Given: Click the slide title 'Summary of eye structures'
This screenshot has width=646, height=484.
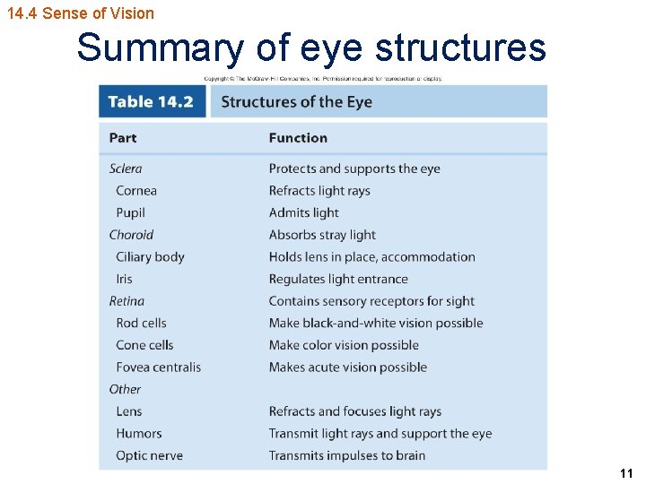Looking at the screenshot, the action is [311, 48].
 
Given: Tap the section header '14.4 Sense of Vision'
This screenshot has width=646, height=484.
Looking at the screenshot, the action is [80, 13].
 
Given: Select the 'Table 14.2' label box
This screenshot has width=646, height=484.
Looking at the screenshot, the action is [151, 101].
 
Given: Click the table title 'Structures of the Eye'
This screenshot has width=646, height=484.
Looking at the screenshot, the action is [296, 101].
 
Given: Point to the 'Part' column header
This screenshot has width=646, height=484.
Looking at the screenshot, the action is [123, 138].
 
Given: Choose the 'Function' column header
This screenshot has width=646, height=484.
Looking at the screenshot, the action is [298, 138].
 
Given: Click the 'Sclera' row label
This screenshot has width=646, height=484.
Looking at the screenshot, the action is [126, 169].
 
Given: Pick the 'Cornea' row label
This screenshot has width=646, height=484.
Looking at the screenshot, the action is [136, 191].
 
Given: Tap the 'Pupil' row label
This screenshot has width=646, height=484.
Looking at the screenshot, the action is [130, 212].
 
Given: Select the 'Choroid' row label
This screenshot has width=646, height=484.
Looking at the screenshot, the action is [131, 235].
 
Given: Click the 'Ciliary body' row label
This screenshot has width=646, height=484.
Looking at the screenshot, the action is [150, 257].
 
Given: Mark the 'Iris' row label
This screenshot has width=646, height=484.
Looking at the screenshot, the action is [124, 279].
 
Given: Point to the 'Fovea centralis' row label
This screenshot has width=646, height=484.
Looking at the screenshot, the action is [158, 367].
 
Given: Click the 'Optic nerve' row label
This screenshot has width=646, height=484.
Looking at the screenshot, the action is [149, 455].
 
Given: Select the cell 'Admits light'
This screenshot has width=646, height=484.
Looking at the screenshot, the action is [304, 212].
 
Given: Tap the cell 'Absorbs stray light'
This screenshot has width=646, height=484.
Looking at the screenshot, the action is [322, 235].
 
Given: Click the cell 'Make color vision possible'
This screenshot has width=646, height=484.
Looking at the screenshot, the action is [344, 345].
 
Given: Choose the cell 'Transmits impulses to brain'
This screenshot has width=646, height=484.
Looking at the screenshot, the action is [347, 455].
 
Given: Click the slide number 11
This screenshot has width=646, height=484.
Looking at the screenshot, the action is [626, 473].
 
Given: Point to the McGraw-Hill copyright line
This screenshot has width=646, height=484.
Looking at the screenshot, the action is [323, 79].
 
